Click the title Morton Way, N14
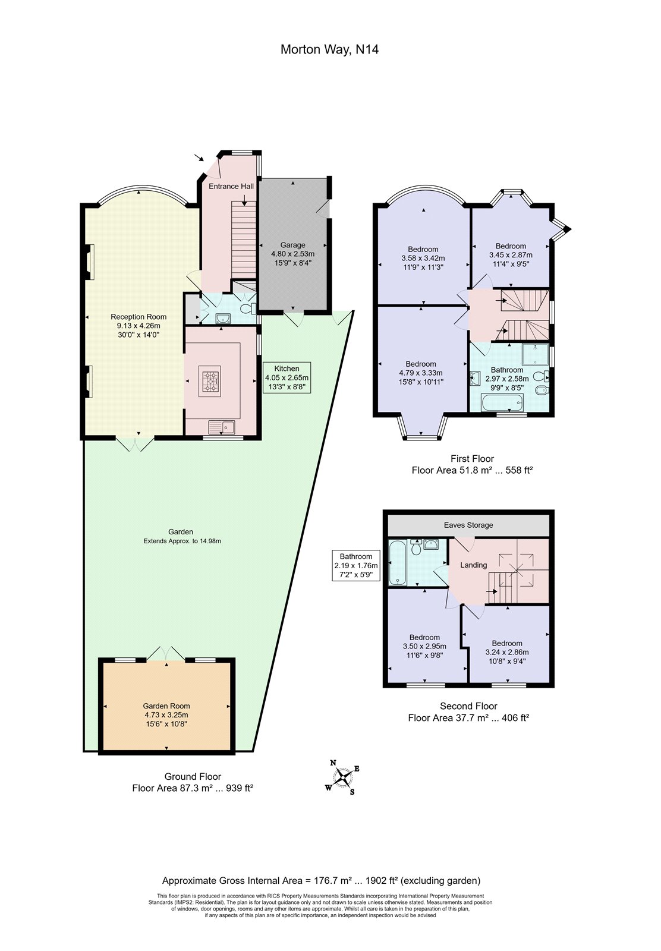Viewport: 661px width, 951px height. (x=329, y=50)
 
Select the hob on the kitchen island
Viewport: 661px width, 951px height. (x=210, y=381)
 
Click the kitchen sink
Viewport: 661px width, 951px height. (x=222, y=427)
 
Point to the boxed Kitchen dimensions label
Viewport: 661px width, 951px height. (x=287, y=377)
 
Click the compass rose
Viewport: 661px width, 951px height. (x=342, y=777)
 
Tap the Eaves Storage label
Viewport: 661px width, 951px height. (x=468, y=525)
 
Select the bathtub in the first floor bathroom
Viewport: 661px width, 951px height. (x=502, y=402)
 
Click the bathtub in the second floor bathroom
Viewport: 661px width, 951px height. (x=398, y=562)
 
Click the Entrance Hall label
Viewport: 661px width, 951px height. (x=231, y=187)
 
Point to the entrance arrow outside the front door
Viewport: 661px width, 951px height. (x=199, y=158)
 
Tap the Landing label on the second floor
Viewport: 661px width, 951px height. (x=473, y=565)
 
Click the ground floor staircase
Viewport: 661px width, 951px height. (x=244, y=240)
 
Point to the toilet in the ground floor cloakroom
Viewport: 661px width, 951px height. (x=247, y=307)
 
